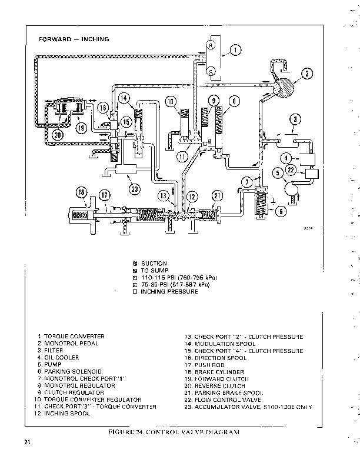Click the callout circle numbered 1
click(x=235, y=50)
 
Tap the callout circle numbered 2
click(x=306, y=74)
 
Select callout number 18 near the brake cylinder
click(x=81, y=192)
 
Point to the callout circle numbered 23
click(x=135, y=189)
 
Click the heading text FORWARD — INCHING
click(x=74, y=39)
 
